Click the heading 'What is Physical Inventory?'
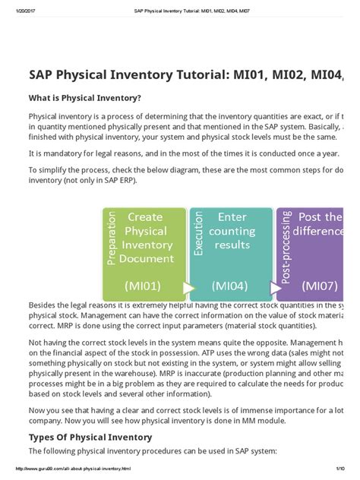[x=84, y=98]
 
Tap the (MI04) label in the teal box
[x=232, y=286]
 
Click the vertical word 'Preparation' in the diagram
[x=112, y=239]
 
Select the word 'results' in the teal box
[x=232, y=245]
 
